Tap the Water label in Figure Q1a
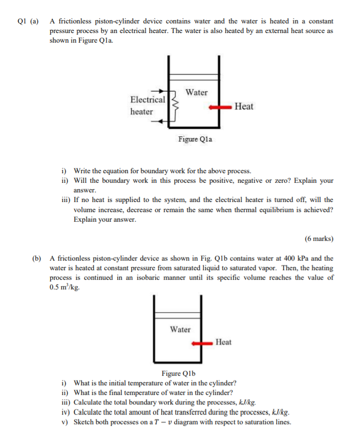196,92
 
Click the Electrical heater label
147,106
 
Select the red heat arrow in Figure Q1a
219,107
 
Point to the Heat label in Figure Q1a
244,107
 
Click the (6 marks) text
319,238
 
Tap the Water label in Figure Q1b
180,329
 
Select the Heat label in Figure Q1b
223,342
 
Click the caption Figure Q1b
179,374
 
